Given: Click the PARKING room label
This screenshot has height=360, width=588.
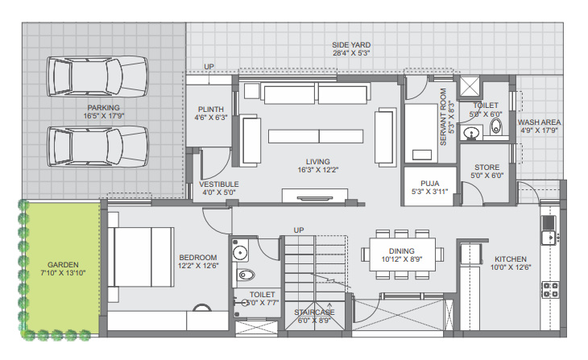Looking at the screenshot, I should pyautogui.click(x=104, y=107).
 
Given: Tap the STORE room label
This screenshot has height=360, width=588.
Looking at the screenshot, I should pyautogui.click(x=487, y=167).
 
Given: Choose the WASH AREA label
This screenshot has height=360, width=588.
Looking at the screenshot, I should pyautogui.click(x=539, y=122).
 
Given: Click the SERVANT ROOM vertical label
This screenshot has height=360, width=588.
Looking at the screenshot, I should pyautogui.click(x=442, y=118).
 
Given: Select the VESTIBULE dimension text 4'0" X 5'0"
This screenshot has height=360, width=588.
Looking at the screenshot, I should pyautogui.click(x=217, y=192).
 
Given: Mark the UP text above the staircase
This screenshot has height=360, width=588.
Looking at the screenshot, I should pyautogui.click(x=298, y=230).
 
